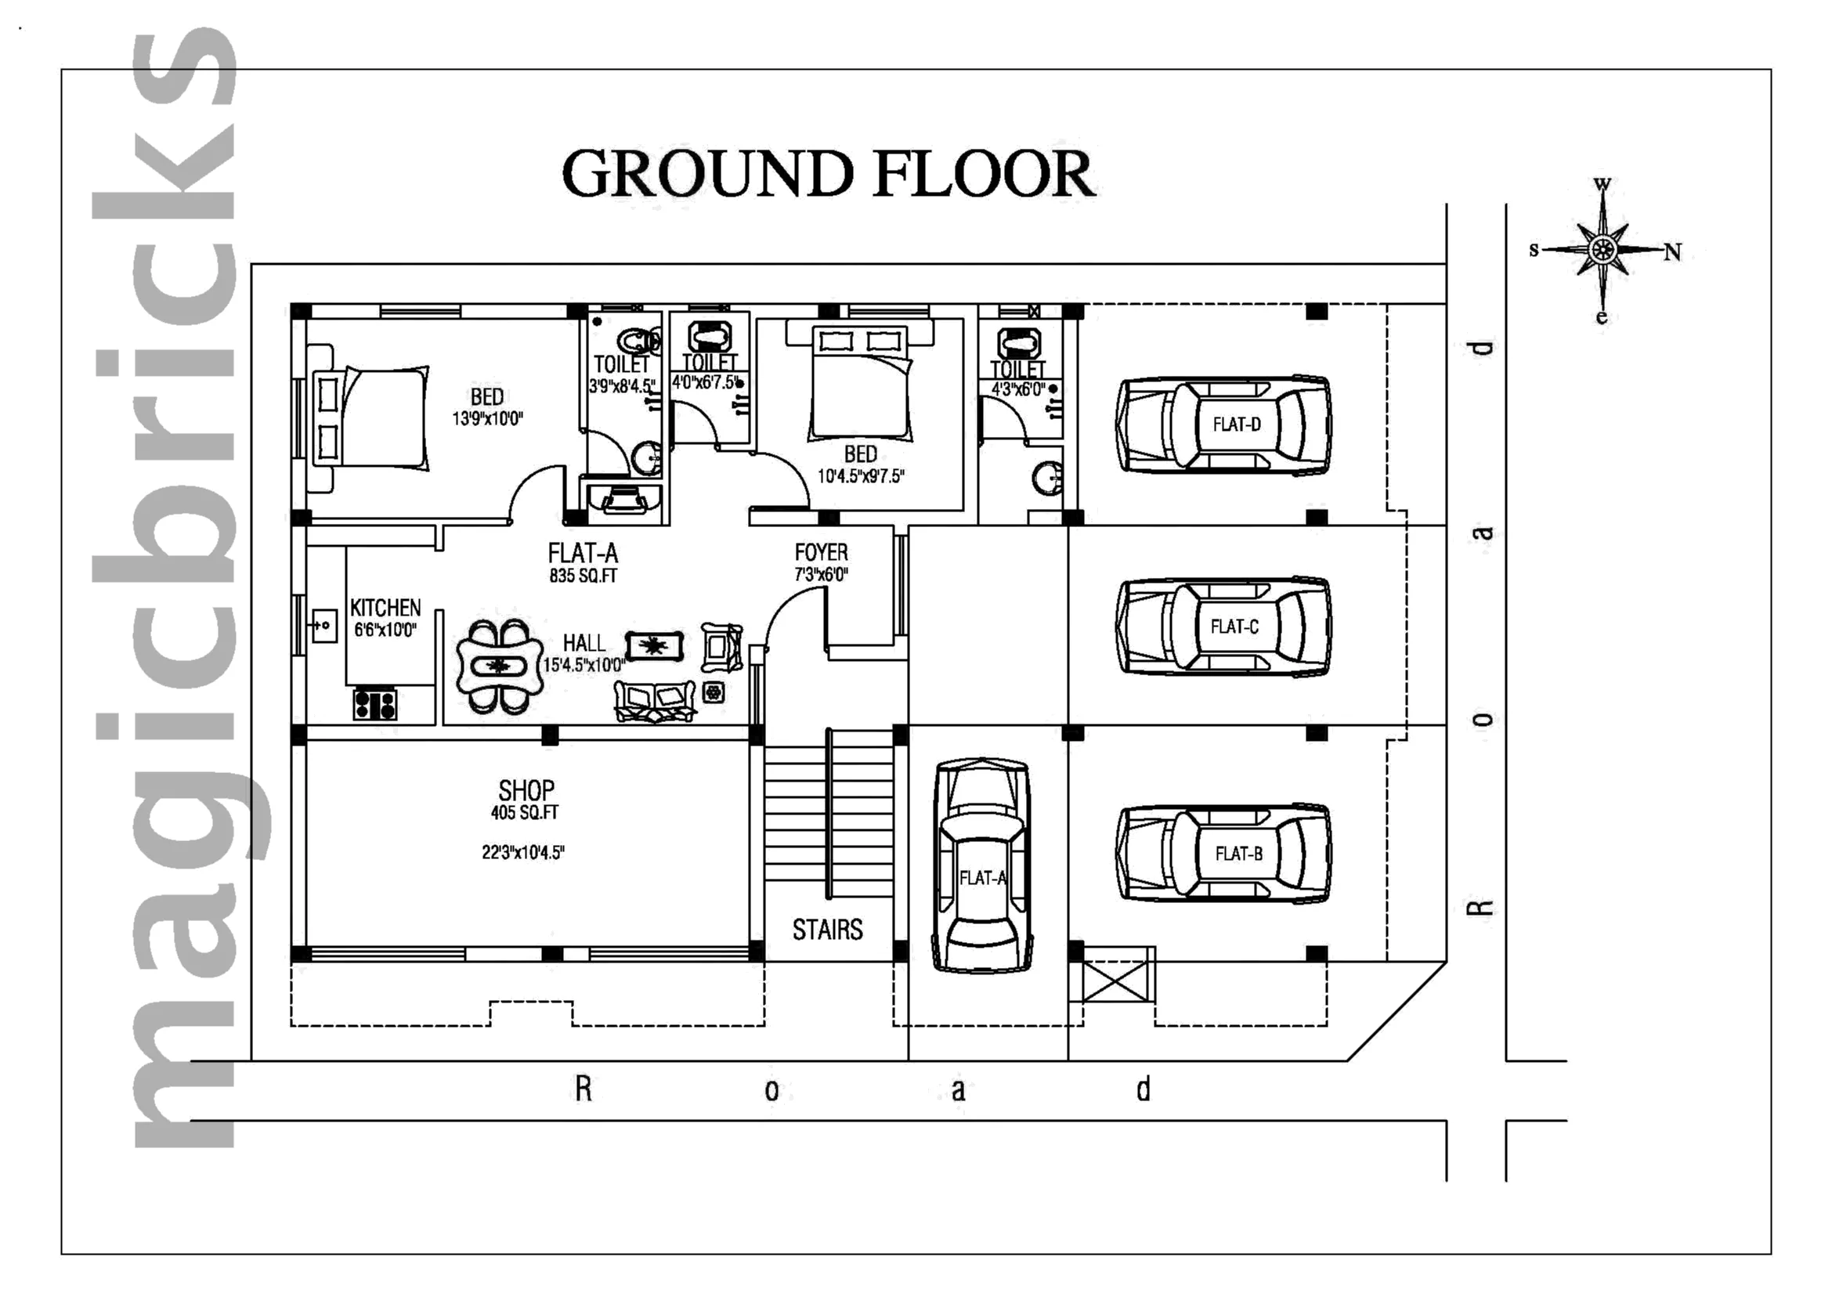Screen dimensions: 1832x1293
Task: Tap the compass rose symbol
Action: coord(1603,251)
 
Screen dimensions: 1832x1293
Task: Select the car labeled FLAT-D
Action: coord(1223,425)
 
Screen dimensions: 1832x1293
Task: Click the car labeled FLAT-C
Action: coord(1223,627)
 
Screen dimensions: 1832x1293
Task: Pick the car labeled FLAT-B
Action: coord(1223,854)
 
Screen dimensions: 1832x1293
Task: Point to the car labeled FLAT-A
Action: coord(981,865)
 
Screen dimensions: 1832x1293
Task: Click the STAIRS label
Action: coord(827,930)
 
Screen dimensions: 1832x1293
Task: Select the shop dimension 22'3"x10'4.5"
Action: coord(522,853)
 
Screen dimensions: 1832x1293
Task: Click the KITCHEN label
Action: coord(385,608)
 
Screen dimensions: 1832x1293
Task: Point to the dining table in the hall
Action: coord(498,666)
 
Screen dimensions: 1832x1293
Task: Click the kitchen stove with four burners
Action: coord(375,704)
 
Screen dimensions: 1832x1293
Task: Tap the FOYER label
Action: coord(821,553)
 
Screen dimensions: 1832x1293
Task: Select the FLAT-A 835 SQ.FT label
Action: coord(584,563)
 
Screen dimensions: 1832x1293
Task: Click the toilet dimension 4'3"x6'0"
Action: coord(1017,390)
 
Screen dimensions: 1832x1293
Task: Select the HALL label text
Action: coord(584,643)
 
